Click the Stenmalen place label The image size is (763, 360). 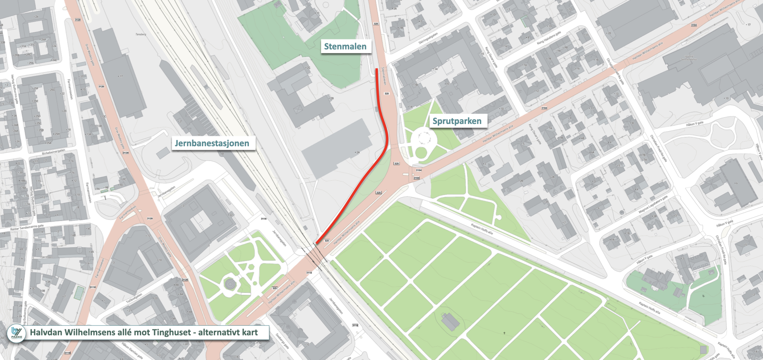click(345, 46)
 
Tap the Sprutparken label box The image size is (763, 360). click(457, 121)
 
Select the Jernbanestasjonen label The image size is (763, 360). click(212, 143)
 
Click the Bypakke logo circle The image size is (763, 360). click(16, 333)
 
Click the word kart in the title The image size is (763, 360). click(250, 332)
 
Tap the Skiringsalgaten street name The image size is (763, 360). click(428, 39)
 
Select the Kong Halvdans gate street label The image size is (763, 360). click(549, 37)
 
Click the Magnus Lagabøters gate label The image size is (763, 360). click(653, 205)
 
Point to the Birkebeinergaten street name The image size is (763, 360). click(53, 152)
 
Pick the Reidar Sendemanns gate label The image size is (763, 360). click(27, 228)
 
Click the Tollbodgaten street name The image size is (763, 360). click(134, 298)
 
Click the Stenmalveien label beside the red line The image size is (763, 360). click(383, 76)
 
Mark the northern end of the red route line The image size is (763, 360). click(377, 70)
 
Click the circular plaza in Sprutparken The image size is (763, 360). click(424, 139)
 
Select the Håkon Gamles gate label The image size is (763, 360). click(132, 350)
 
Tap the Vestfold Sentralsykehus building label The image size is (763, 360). click(689, 58)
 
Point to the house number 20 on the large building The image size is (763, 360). click(609, 33)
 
